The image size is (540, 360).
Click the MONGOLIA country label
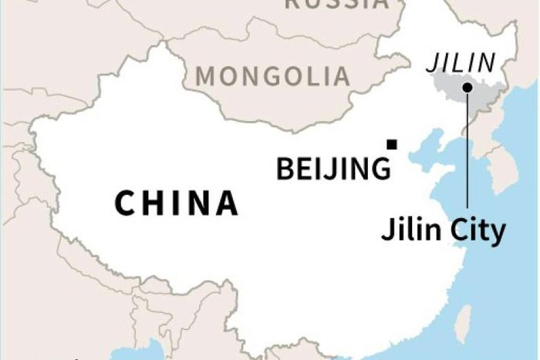coord(273,76)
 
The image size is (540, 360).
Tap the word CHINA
coord(177,204)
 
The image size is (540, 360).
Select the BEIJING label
coord(333,168)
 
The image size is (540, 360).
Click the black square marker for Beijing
coord(393,144)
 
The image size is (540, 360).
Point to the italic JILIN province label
coord(461,62)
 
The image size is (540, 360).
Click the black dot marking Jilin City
coord(467,87)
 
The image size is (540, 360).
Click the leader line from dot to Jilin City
coord(467,154)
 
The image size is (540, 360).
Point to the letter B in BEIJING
coord(285,168)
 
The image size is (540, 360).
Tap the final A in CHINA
coord(227,204)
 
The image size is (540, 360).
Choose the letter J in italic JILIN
coord(434,62)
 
